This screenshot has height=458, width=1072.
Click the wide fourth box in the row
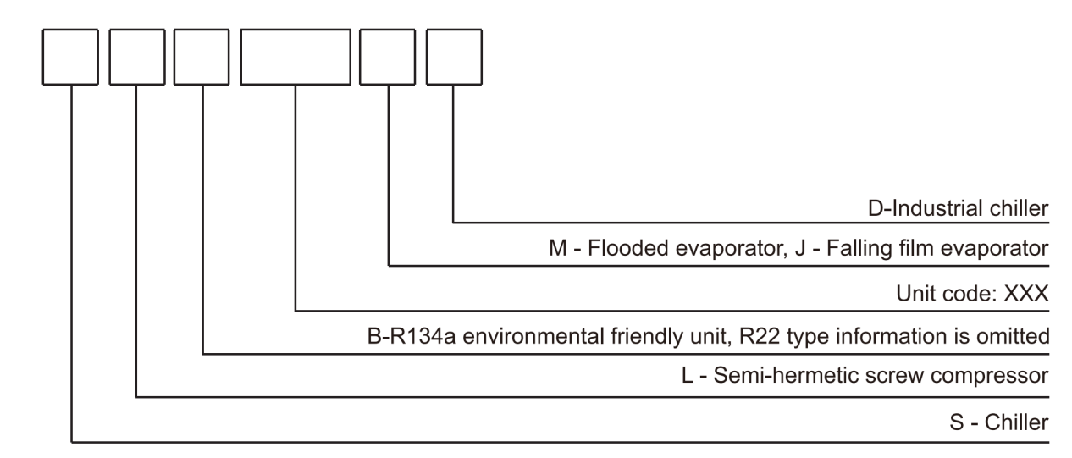pos(295,57)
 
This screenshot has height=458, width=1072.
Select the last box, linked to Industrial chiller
pos(454,57)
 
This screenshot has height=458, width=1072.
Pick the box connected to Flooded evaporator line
pos(388,57)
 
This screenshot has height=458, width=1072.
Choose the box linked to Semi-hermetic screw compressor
pos(137,57)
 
